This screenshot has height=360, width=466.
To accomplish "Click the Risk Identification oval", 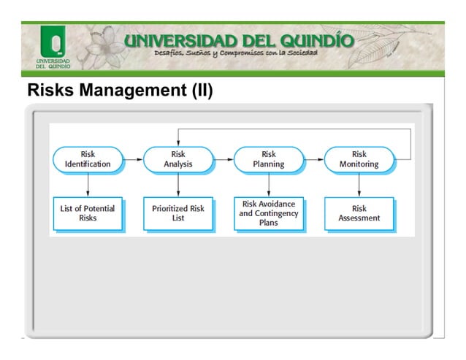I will (x=88, y=159).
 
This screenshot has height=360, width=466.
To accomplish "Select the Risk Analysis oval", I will (x=178, y=159).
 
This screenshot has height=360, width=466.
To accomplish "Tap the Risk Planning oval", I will (x=268, y=159).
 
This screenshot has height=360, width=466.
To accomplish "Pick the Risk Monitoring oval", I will (x=359, y=159).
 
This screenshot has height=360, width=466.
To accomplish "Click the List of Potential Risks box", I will (x=88, y=212).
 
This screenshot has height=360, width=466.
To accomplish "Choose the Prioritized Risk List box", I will (x=178, y=212).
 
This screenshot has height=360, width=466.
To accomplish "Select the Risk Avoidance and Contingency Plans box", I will (x=268, y=212).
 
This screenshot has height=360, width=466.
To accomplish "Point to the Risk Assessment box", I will (x=359, y=212).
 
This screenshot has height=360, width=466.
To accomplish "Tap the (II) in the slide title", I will (x=199, y=92).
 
